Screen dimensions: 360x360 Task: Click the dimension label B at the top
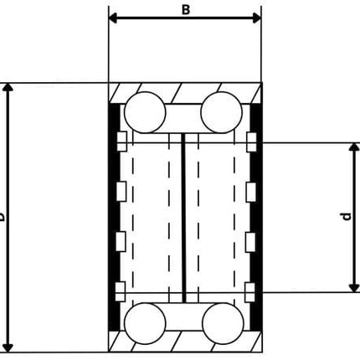186,8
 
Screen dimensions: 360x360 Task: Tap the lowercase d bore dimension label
345,218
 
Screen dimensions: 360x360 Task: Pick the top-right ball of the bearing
220,110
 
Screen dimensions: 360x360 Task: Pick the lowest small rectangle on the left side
122,290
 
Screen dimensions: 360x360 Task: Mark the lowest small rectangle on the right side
249,290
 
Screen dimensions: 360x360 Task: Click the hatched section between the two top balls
183,115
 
